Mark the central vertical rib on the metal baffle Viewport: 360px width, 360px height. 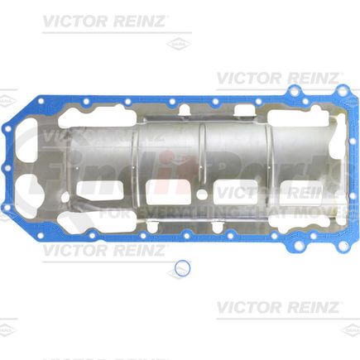click(202, 157)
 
